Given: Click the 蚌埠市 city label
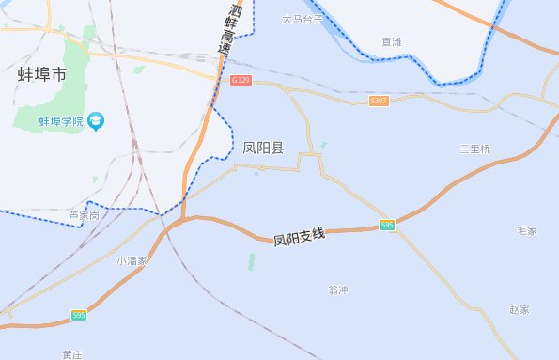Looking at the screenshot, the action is [x=43, y=73].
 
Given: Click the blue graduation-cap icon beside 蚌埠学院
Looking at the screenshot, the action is [x=98, y=120].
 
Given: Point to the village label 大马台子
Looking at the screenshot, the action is [x=303, y=19].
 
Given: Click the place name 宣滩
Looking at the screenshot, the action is [x=392, y=42].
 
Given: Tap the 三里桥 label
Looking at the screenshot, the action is [x=474, y=149].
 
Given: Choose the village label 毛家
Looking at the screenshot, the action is [x=527, y=230].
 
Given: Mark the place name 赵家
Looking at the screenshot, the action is [x=520, y=309].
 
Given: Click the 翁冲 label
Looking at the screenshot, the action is [x=338, y=290].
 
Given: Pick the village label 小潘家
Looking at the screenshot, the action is [x=132, y=260].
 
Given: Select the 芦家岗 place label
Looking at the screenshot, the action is [x=84, y=216].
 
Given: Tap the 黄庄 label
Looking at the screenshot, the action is [x=72, y=353].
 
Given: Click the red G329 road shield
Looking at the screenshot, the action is [x=241, y=82].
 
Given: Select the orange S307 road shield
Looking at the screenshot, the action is [x=379, y=101].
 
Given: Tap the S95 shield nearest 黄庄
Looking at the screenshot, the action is [x=79, y=316].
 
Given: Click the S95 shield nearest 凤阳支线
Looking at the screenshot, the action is [x=387, y=225].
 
